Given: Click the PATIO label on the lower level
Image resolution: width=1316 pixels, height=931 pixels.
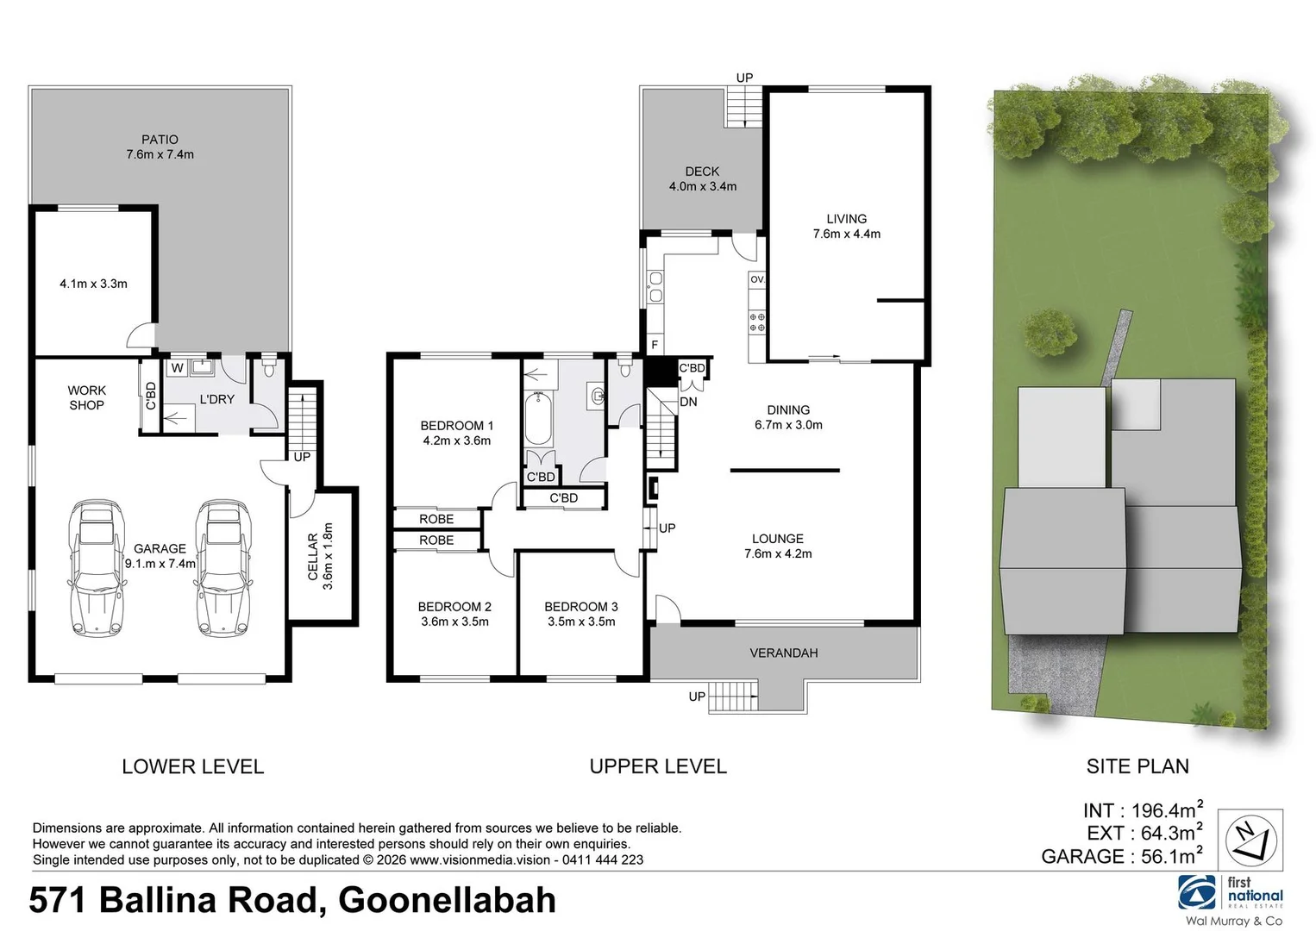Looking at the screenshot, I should (x=160, y=140).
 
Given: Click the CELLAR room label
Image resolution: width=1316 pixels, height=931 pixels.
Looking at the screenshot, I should (x=313, y=556).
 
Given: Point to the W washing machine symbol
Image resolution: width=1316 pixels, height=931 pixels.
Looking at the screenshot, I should (x=177, y=368).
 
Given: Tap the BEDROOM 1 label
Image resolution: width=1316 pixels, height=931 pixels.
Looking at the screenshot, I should (x=456, y=425).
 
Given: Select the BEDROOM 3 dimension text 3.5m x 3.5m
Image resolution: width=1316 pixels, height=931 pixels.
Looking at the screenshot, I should (x=581, y=622).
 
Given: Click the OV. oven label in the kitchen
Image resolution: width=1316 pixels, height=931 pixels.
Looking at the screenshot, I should (x=757, y=279).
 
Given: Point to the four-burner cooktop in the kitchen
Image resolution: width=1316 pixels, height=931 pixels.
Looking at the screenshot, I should (x=757, y=322).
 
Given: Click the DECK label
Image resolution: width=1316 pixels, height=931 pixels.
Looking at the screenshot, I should (x=702, y=172).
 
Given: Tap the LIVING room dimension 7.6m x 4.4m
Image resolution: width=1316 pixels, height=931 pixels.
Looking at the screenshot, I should (x=846, y=234).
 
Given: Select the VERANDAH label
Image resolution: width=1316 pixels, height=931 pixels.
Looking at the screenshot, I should (x=783, y=653).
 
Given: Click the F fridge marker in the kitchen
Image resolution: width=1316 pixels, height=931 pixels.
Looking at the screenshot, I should (x=655, y=346).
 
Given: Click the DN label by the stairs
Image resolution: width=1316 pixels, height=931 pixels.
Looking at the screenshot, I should (x=688, y=402).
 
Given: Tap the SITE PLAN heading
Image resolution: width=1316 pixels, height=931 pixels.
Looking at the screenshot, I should (x=1137, y=765).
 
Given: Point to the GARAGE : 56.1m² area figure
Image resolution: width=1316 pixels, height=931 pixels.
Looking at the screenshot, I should (x=1121, y=856).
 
